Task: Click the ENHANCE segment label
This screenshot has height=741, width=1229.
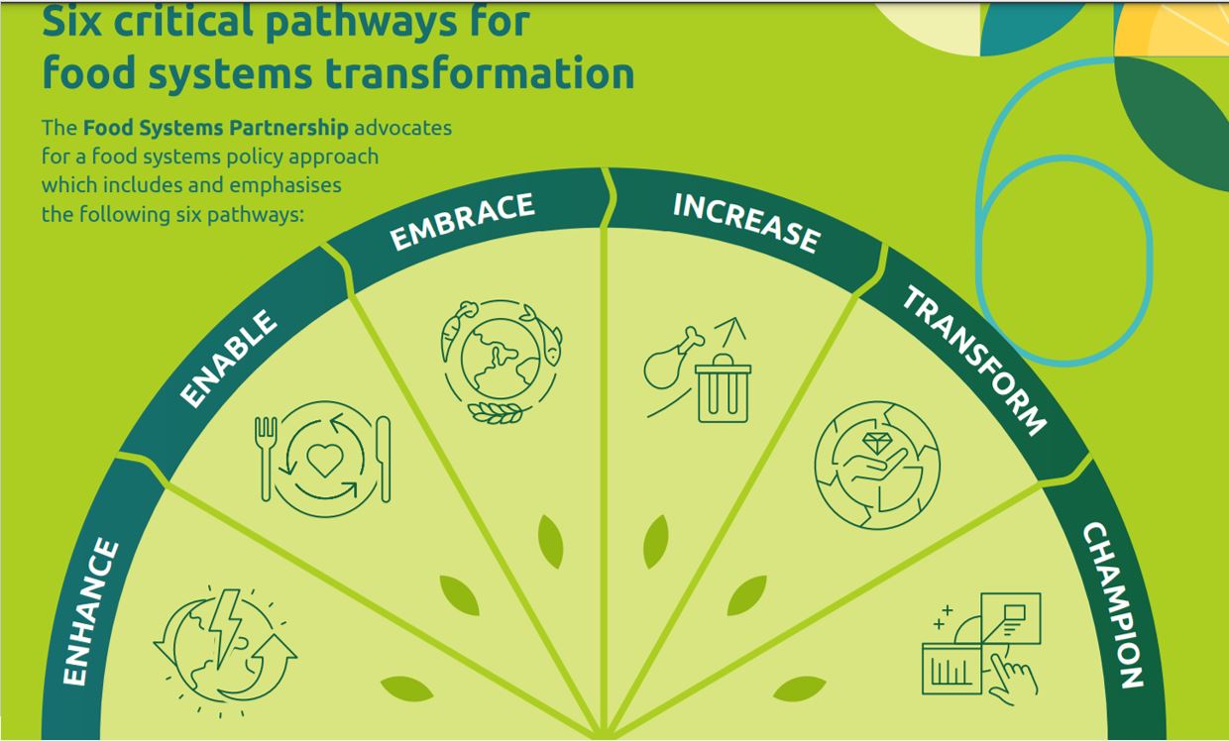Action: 91,612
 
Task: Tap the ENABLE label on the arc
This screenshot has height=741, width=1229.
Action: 228,359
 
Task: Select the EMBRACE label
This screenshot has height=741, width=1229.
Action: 462,221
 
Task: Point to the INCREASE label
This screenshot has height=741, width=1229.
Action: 746,221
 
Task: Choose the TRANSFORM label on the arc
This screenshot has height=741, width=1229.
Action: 973,362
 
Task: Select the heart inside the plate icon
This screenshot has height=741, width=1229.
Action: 324,459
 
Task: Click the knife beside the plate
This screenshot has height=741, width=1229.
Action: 384,458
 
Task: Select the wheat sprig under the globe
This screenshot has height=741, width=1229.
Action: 496,412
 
